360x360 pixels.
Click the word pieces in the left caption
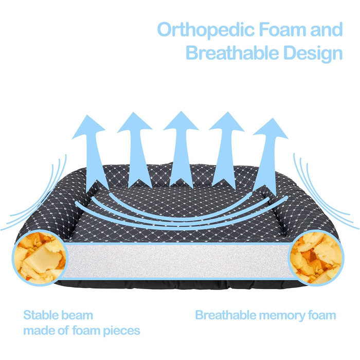click(121, 330)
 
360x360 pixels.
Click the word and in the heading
click(328, 29)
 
